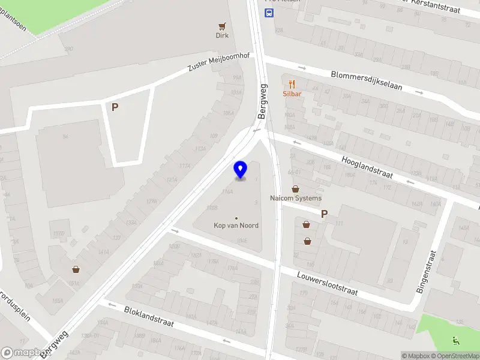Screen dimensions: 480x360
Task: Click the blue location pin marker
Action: pyautogui.click(x=240, y=170)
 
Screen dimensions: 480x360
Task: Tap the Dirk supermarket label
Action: pyautogui.click(x=223, y=35)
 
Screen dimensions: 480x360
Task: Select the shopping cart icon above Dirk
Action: pyautogui.click(x=223, y=26)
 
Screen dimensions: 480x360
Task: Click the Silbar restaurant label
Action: pyautogui.click(x=292, y=94)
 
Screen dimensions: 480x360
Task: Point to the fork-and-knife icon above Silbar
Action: pyautogui.click(x=292, y=83)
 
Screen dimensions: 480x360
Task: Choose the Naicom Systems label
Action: pyautogui.click(x=296, y=198)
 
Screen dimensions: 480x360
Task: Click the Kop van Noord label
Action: pyautogui.click(x=236, y=226)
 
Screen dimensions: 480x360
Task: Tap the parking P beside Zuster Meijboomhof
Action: pyautogui.click(x=115, y=107)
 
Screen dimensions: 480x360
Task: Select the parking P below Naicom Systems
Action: pyautogui.click(x=325, y=214)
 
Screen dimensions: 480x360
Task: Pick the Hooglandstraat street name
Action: pyautogui.click(x=367, y=167)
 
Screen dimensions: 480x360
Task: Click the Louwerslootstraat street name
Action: pyautogui.click(x=328, y=283)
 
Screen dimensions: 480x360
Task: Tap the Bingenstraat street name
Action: pyautogui.click(x=427, y=271)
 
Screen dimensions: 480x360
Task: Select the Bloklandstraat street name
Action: pyautogui.click(x=149, y=317)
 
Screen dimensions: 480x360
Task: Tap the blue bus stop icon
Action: pyautogui.click(x=269, y=14)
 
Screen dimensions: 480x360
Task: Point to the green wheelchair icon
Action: pyautogui.click(x=457, y=340)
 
